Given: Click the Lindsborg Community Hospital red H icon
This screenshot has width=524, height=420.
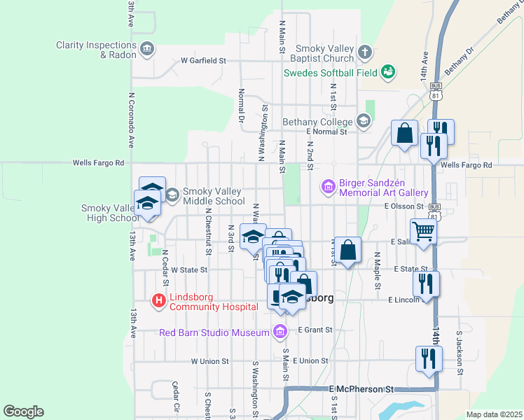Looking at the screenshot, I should [159, 301].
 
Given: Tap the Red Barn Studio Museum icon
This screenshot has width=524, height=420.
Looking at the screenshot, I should [280, 330].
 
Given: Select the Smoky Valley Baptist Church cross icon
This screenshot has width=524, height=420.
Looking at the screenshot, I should [365, 52].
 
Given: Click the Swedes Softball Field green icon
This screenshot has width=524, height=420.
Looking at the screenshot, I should [387, 71].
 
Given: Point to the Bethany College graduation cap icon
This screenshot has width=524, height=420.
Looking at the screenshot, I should [364, 122].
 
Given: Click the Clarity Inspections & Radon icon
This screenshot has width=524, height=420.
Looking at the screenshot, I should [147, 49].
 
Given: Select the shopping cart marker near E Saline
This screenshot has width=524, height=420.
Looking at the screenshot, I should [423, 232].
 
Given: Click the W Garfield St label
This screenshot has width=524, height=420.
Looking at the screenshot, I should [203, 61].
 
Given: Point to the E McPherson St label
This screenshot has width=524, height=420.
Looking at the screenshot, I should [362, 388].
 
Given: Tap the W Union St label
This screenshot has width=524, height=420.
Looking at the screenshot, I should [210, 361].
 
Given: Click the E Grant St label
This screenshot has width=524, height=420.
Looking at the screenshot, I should [314, 329].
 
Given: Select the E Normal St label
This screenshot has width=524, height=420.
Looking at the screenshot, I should [327, 131].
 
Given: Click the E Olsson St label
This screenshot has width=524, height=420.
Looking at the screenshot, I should [404, 206].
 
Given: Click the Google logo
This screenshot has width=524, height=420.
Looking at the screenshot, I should [23, 412].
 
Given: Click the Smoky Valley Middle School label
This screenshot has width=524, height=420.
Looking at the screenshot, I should [214, 196].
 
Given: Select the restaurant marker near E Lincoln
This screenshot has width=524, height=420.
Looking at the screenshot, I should [426, 283].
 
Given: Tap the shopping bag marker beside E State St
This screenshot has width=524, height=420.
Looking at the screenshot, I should [347, 249].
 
